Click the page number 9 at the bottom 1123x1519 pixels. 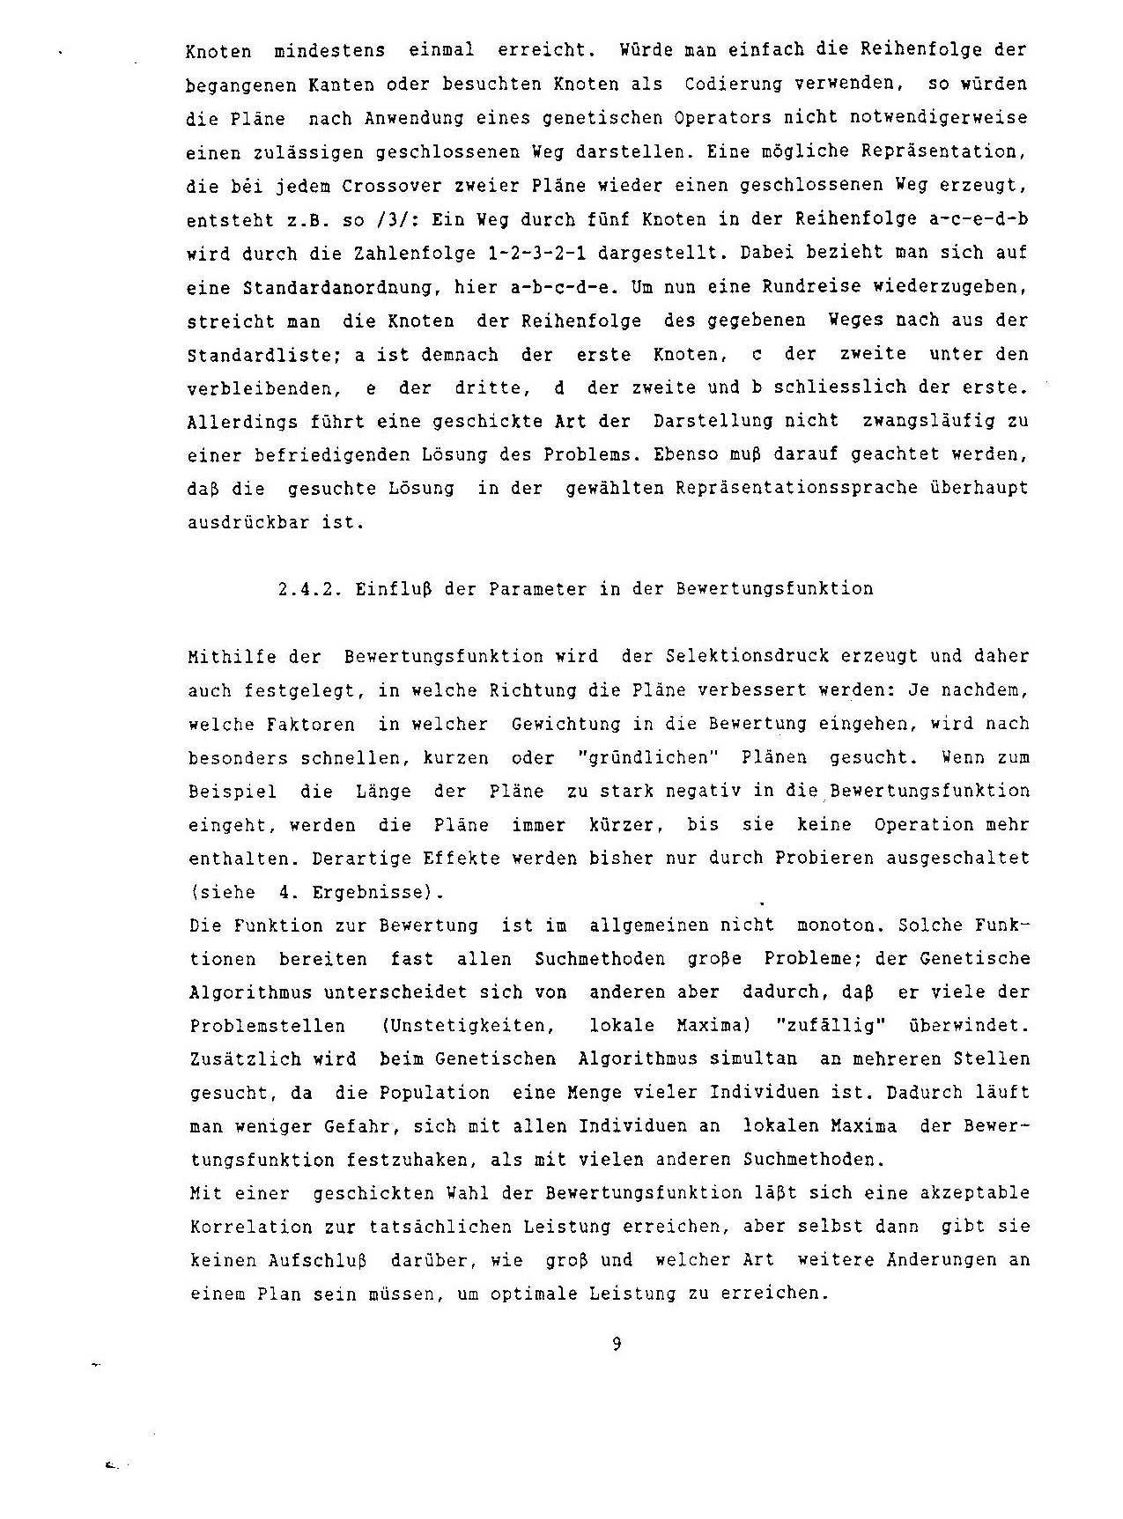tap(617, 1344)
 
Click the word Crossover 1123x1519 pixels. tap(366, 185)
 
